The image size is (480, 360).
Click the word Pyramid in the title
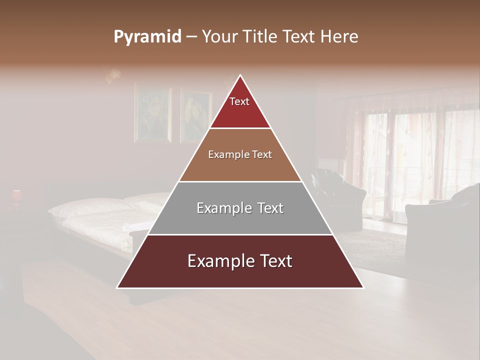coord(147,37)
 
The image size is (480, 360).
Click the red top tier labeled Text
coord(239,107)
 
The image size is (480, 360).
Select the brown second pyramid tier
coord(240,155)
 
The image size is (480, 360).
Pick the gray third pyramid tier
coord(240,208)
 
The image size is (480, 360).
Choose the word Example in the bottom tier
coord(214,261)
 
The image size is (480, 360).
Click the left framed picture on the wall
coord(152,114)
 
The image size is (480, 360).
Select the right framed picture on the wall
coord(195,115)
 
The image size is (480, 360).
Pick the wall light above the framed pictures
coord(113,75)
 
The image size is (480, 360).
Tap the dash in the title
coord(191,37)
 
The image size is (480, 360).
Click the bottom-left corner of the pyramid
coord(117,287)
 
